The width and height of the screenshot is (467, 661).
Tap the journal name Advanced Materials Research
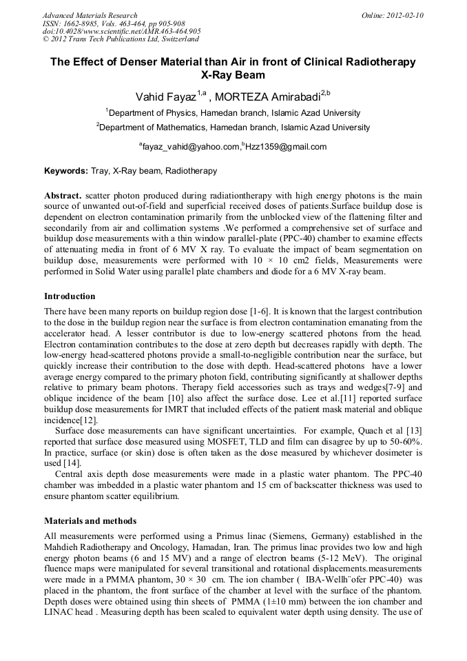[90, 15]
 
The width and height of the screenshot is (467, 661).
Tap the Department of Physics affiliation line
[233, 113]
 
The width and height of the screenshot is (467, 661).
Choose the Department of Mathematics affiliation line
[233, 128]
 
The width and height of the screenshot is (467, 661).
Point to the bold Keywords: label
[66, 171]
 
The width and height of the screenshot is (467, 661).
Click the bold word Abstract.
[63, 195]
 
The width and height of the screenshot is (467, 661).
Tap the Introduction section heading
[70, 296]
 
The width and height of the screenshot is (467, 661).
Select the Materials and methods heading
[90, 521]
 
